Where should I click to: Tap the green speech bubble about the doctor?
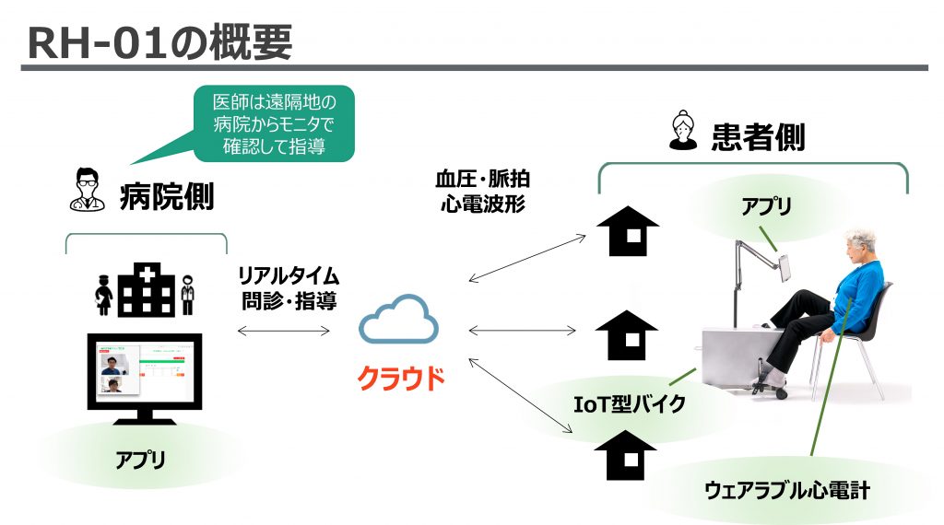click(274, 123)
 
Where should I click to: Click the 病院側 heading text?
click(166, 195)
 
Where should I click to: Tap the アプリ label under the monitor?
click(141, 458)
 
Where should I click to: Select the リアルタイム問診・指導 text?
click(289, 287)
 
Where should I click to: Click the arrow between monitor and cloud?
click(284, 330)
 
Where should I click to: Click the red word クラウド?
click(400, 378)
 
